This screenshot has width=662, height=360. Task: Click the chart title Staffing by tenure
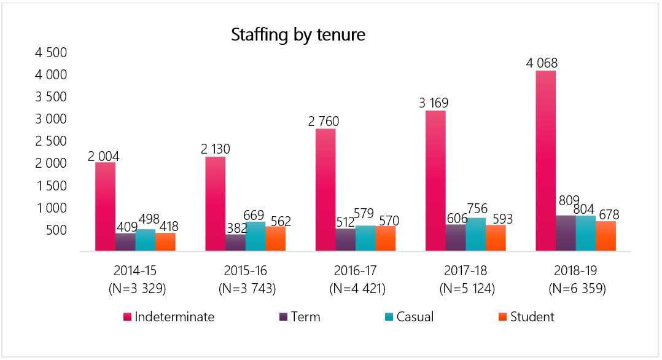(x=298, y=35)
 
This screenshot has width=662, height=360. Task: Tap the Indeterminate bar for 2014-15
(x=105, y=206)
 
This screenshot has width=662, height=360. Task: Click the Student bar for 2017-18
(x=496, y=238)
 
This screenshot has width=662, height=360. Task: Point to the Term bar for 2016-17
(x=345, y=240)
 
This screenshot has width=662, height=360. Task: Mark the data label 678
(x=606, y=215)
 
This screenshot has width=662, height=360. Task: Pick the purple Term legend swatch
(x=284, y=317)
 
